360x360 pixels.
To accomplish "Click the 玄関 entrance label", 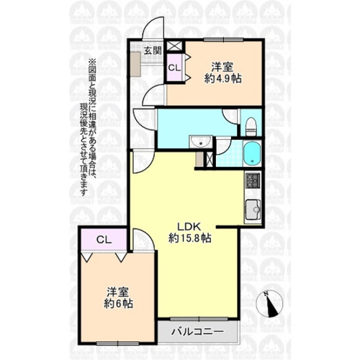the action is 153,51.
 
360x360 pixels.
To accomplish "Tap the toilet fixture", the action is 251,127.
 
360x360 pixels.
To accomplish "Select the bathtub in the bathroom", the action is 252,153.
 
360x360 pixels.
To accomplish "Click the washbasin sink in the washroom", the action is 200,142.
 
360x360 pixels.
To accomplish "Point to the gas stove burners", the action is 253,181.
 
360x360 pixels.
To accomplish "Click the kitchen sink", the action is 253,210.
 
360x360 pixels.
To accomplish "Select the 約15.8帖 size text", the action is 190,238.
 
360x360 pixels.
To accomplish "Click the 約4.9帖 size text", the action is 222,78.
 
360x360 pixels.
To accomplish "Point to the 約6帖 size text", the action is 119,304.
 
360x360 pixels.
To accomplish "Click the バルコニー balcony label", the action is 197,332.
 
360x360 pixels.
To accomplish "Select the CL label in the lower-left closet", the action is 104,240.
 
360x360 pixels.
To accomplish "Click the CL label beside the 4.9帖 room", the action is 174,68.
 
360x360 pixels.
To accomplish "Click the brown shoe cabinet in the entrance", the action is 135,63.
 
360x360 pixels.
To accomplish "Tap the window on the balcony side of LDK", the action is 199,319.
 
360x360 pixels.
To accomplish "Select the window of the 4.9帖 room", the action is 223,40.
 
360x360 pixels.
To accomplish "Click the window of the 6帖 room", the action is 117,343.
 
